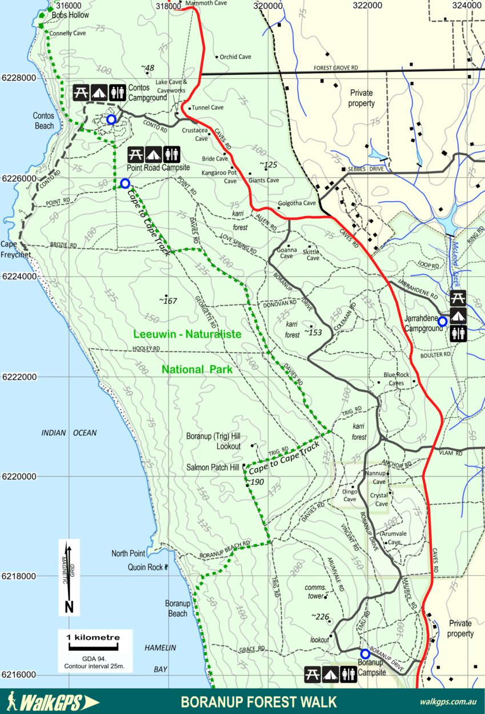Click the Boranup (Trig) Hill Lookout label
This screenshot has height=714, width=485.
click(x=214, y=441)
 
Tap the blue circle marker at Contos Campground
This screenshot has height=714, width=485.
click(x=111, y=119)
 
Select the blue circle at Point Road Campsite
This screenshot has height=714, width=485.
click(x=125, y=183)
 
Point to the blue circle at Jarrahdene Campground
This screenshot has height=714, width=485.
click(x=442, y=322)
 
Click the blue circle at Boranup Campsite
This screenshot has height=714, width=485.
click(x=364, y=653)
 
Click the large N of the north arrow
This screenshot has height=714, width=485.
click(x=69, y=606)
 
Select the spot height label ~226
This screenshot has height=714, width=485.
click(x=320, y=617)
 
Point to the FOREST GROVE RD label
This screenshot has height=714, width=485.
click(x=335, y=68)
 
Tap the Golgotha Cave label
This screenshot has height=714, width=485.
click(x=296, y=203)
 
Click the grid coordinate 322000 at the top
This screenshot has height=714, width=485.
click(x=367, y=5)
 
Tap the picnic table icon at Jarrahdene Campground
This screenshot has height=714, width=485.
click(x=458, y=298)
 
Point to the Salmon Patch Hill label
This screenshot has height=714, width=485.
click(x=213, y=467)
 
